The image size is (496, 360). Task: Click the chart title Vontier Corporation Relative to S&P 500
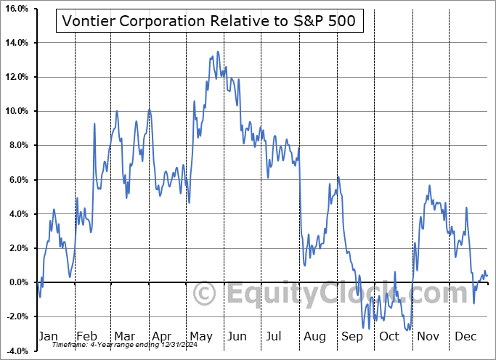click(x=208, y=20)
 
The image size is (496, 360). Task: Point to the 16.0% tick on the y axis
click(x=16, y=9)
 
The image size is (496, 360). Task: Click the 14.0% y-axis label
click(x=16, y=43)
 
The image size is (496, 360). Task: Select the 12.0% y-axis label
click(x=16, y=77)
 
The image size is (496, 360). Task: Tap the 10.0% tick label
click(x=16, y=111)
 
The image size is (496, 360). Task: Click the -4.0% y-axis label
click(x=16, y=351)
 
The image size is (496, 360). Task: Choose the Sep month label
click(x=352, y=336)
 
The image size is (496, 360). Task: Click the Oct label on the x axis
click(x=390, y=336)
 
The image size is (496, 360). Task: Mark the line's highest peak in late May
click(x=218, y=52)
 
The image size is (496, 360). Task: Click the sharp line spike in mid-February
click(x=94, y=124)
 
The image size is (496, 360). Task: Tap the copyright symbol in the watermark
click(x=206, y=294)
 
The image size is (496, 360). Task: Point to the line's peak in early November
click(x=429, y=186)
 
